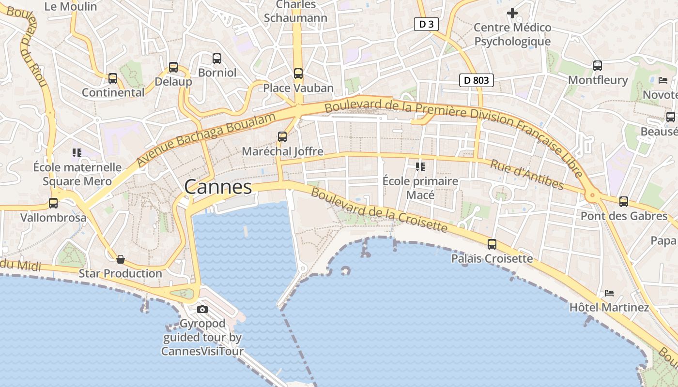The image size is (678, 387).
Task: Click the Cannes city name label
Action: pyautogui.click(x=218, y=187)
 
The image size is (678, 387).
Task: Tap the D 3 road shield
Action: pyautogui.click(x=426, y=24)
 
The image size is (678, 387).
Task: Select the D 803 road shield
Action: pyautogui.click(x=476, y=80)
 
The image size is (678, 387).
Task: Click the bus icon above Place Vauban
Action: pyautogui.click(x=298, y=74)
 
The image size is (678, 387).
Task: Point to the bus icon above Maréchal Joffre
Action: pyautogui.click(x=282, y=137)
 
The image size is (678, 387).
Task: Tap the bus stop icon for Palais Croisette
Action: pyautogui.click(x=492, y=244)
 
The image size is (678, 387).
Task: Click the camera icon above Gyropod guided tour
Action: pyautogui.click(x=202, y=310)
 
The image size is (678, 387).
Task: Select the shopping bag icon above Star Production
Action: pyautogui.click(x=121, y=260)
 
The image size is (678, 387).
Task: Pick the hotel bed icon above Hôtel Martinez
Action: pyautogui.click(x=609, y=293)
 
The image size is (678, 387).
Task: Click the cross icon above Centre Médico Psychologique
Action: pyautogui.click(x=512, y=13)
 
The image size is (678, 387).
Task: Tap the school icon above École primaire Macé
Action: pyautogui.click(x=420, y=167)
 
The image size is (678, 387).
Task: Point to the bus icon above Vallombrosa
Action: pyautogui.click(x=53, y=203)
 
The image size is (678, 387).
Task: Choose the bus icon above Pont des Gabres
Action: pyautogui.click(x=624, y=202)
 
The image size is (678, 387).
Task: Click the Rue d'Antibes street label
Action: pyautogui.click(x=527, y=175)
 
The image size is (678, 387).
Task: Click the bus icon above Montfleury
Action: pyautogui.click(x=598, y=66)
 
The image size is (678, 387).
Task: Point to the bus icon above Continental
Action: pyautogui.click(x=113, y=78)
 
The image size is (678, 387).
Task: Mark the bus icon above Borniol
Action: pyautogui.click(x=217, y=59)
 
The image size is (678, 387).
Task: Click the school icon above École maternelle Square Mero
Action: pyautogui.click(x=77, y=153)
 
